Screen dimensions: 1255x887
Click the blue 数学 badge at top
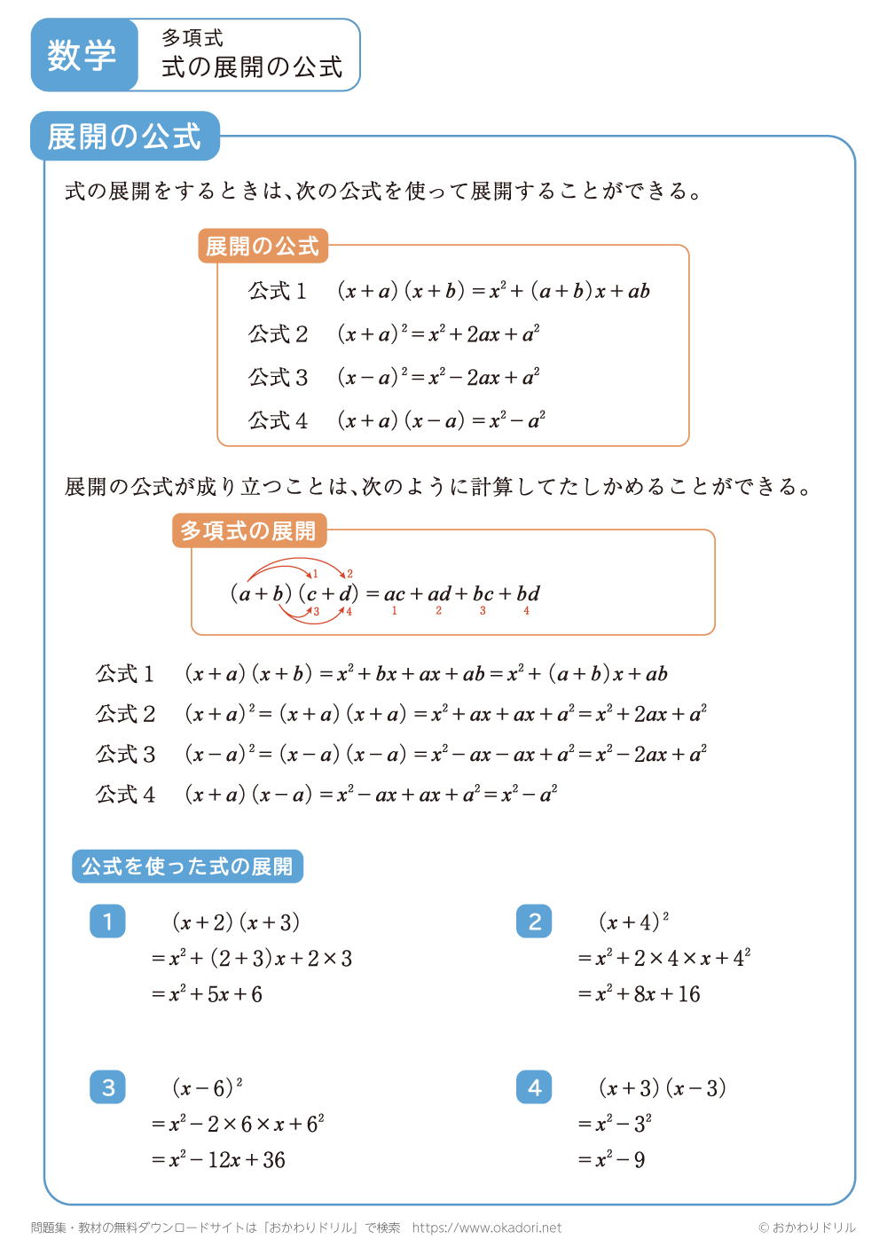[83, 55]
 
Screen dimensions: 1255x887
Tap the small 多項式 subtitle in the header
[192, 38]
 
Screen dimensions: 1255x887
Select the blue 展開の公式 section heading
[125, 137]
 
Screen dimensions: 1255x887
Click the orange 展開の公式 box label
[263, 246]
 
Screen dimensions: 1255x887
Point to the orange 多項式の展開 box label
[248, 530]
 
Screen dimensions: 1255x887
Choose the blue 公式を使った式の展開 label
[187, 867]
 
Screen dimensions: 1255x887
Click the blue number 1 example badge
[107, 922]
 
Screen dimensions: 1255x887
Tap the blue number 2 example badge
[534, 922]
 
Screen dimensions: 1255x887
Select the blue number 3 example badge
[107, 1087]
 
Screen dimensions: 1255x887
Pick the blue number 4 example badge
[534, 1087]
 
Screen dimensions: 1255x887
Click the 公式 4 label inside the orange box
[278, 420]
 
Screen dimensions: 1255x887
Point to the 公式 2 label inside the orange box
[278, 334]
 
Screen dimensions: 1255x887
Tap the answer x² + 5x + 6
[216, 994]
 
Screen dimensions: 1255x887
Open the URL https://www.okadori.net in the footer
[487, 1228]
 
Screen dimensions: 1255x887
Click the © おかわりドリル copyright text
[806, 1228]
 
